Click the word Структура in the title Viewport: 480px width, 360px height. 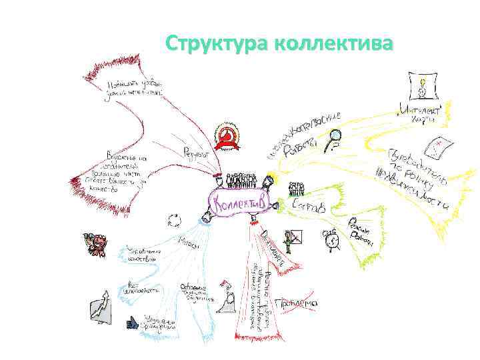coord(217,45)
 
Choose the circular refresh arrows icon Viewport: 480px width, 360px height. coord(175,221)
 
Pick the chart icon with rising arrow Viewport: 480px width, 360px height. coord(101,307)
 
